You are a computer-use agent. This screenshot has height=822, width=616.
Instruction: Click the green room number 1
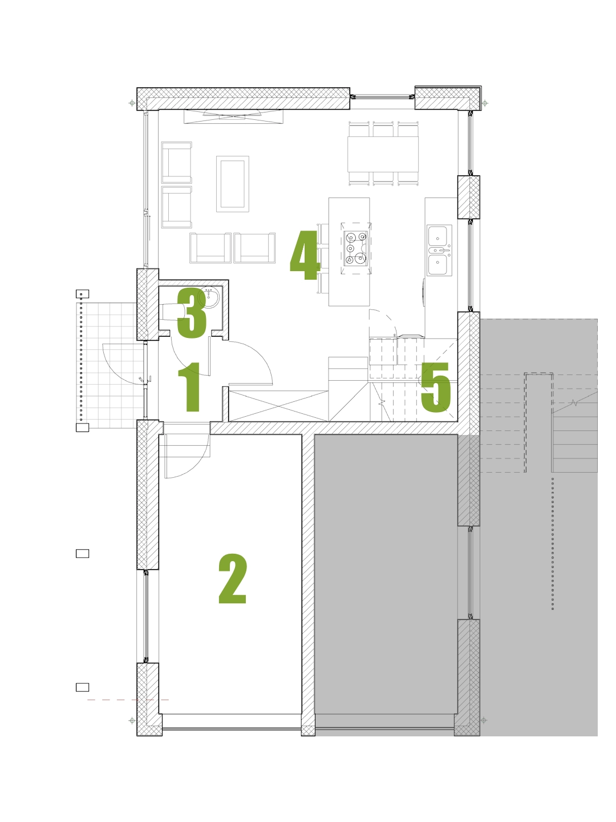(x=190, y=387)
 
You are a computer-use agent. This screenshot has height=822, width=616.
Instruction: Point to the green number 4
(x=305, y=255)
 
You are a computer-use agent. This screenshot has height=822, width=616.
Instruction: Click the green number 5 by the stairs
(x=436, y=388)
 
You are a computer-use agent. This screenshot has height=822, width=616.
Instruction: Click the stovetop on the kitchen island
(x=356, y=249)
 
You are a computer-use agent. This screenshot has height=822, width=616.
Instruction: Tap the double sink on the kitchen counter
(x=439, y=250)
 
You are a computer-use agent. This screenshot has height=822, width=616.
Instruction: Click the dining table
(x=383, y=154)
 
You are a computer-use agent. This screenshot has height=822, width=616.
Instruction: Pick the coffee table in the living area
(x=232, y=184)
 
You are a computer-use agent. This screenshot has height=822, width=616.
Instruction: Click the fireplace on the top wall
(x=233, y=116)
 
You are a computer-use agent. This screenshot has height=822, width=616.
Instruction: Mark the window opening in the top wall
(x=382, y=97)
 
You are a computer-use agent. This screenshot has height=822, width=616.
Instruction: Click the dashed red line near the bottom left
(x=128, y=699)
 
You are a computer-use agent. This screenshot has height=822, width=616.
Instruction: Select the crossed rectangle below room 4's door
(x=278, y=406)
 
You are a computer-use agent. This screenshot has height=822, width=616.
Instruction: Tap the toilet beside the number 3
(x=173, y=312)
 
